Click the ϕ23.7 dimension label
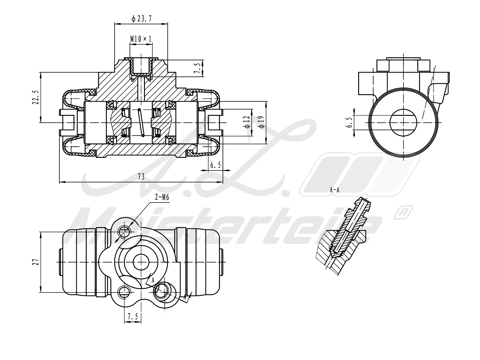click(x=141, y=19)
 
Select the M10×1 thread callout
click(x=141, y=39)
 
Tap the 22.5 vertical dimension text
click(x=36, y=97)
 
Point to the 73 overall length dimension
click(x=141, y=177)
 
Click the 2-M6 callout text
click(x=162, y=197)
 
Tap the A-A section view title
click(x=334, y=190)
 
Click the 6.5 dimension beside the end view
click(x=349, y=122)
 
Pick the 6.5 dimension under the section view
click(x=215, y=165)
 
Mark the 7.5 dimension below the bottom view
click(x=133, y=316)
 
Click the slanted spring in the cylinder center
click(x=141, y=122)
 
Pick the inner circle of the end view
click(x=403, y=122)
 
